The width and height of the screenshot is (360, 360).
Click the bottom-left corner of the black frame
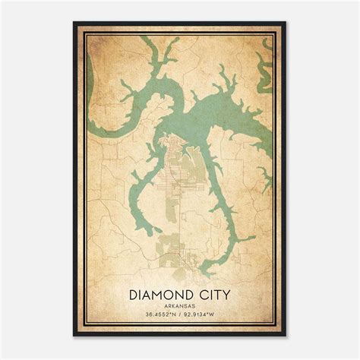[x=74, y=336]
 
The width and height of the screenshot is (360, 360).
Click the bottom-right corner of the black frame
[x=286, y=336]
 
